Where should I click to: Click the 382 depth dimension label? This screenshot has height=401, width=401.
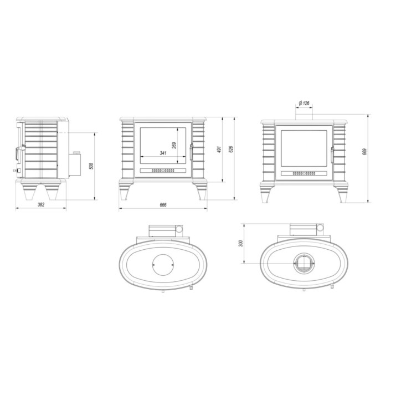click(x=40, y=204)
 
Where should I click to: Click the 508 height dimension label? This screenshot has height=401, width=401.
click(x=91, y=165)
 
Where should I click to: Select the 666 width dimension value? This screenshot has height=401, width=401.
click(x=163, y=204)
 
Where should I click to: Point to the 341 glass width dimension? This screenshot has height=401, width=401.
click(x=163, y=153)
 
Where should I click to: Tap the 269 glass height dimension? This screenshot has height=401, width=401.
click(x=174, y=145)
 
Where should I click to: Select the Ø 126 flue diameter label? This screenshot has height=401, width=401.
click(x=304, y=103)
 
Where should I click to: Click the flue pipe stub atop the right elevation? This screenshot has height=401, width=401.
click(x=304, y=114)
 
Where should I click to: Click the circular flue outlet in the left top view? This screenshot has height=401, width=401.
click(x=163, y=265)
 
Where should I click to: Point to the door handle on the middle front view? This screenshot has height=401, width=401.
click(x=192, y=152)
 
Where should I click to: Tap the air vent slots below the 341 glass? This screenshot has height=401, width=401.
click(x=163, y=171)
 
